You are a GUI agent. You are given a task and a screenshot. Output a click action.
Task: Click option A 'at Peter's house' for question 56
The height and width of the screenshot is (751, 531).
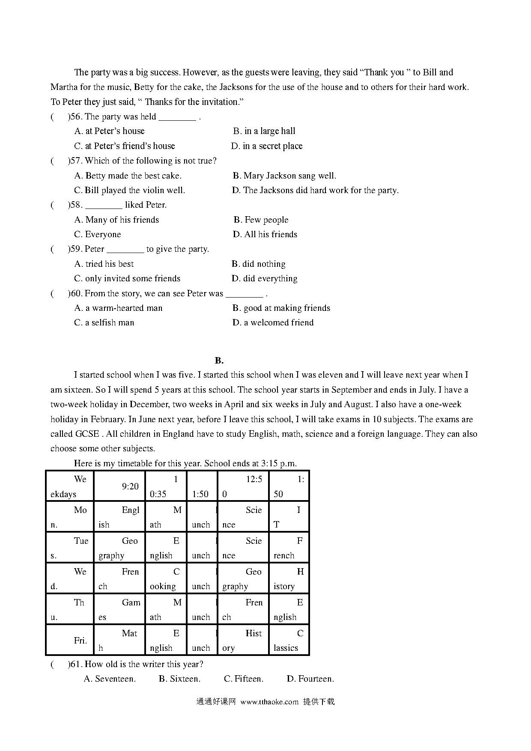click(110, 131)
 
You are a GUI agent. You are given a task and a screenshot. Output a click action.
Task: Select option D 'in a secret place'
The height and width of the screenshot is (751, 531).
click(267, 146)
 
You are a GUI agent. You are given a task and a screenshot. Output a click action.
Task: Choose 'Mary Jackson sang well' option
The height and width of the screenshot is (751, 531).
click(284, 176)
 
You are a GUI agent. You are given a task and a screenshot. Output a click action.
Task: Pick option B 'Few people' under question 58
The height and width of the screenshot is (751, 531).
click(261, 220)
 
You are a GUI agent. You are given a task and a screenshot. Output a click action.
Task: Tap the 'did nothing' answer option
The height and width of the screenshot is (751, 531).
click(259, 264)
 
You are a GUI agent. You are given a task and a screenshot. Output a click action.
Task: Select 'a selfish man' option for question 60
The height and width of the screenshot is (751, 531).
click(104, 322)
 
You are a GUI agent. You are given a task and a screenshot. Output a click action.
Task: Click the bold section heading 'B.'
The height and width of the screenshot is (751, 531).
click(219, 360)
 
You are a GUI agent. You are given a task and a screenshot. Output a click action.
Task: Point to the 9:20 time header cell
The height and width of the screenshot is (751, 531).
click(119, 486)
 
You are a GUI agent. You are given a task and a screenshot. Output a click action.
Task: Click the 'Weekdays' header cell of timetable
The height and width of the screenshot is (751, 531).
click(69, 486)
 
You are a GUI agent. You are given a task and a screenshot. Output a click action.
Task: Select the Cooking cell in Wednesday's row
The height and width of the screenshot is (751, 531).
click(166, 578)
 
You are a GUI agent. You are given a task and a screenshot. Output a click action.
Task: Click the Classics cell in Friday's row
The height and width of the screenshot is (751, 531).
click(289, 640)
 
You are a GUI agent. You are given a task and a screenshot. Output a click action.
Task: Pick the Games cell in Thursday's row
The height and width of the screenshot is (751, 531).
click(119, 609)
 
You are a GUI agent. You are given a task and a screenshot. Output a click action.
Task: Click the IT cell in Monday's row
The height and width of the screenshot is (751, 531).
click(289, 517)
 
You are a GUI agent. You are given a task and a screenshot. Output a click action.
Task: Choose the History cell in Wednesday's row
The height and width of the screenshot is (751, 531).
click(289, 578)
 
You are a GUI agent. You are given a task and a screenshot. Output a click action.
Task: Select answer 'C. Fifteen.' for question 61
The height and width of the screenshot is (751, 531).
click(244, 679)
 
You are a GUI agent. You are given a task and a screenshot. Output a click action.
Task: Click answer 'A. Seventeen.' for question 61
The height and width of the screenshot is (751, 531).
click(110, 679)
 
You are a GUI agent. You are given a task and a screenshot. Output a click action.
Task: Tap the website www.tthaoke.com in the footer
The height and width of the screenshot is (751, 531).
click(269, 702)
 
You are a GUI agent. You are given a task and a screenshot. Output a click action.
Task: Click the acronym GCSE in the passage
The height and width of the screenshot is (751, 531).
click(87, 434)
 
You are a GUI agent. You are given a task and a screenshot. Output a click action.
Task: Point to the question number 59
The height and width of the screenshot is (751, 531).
click(75, 249)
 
